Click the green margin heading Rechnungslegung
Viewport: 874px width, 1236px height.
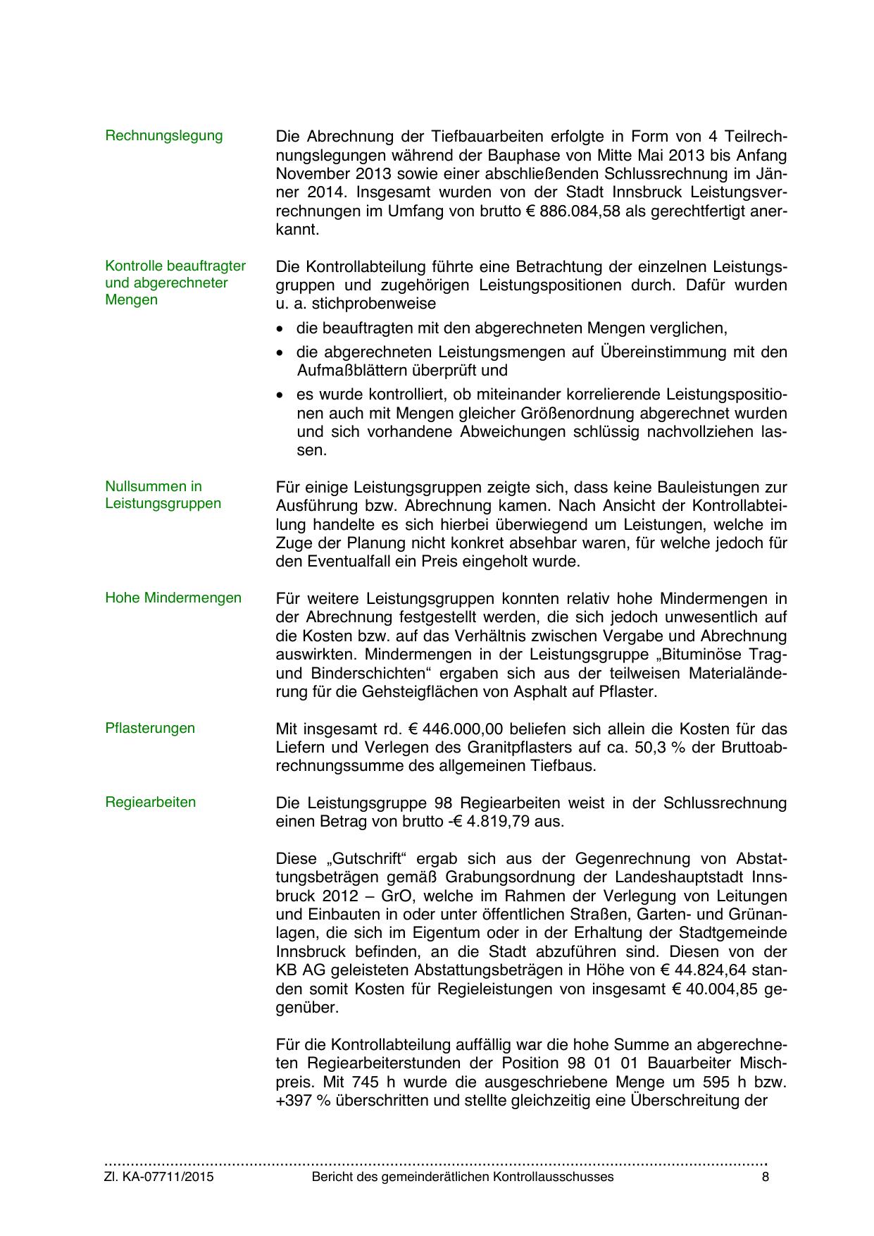pos(163,135)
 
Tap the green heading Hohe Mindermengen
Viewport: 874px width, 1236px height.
pos(173,598)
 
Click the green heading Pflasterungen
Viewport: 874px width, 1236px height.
pos(150,728)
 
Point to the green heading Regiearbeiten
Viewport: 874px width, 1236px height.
pos(151,802)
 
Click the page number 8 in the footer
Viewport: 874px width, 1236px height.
pos(765,1177)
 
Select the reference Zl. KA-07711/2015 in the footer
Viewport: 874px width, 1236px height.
pos(159,1177)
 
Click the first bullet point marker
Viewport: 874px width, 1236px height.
pos(281,329)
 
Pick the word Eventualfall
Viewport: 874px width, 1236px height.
pos(351,562)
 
